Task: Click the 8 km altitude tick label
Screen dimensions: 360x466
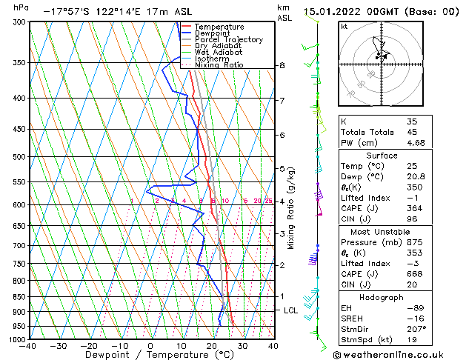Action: click(x=282, y=66)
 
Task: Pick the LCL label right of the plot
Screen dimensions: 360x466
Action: click(x=291, y=310)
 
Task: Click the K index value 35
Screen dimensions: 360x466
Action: click(x=412, y=121)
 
